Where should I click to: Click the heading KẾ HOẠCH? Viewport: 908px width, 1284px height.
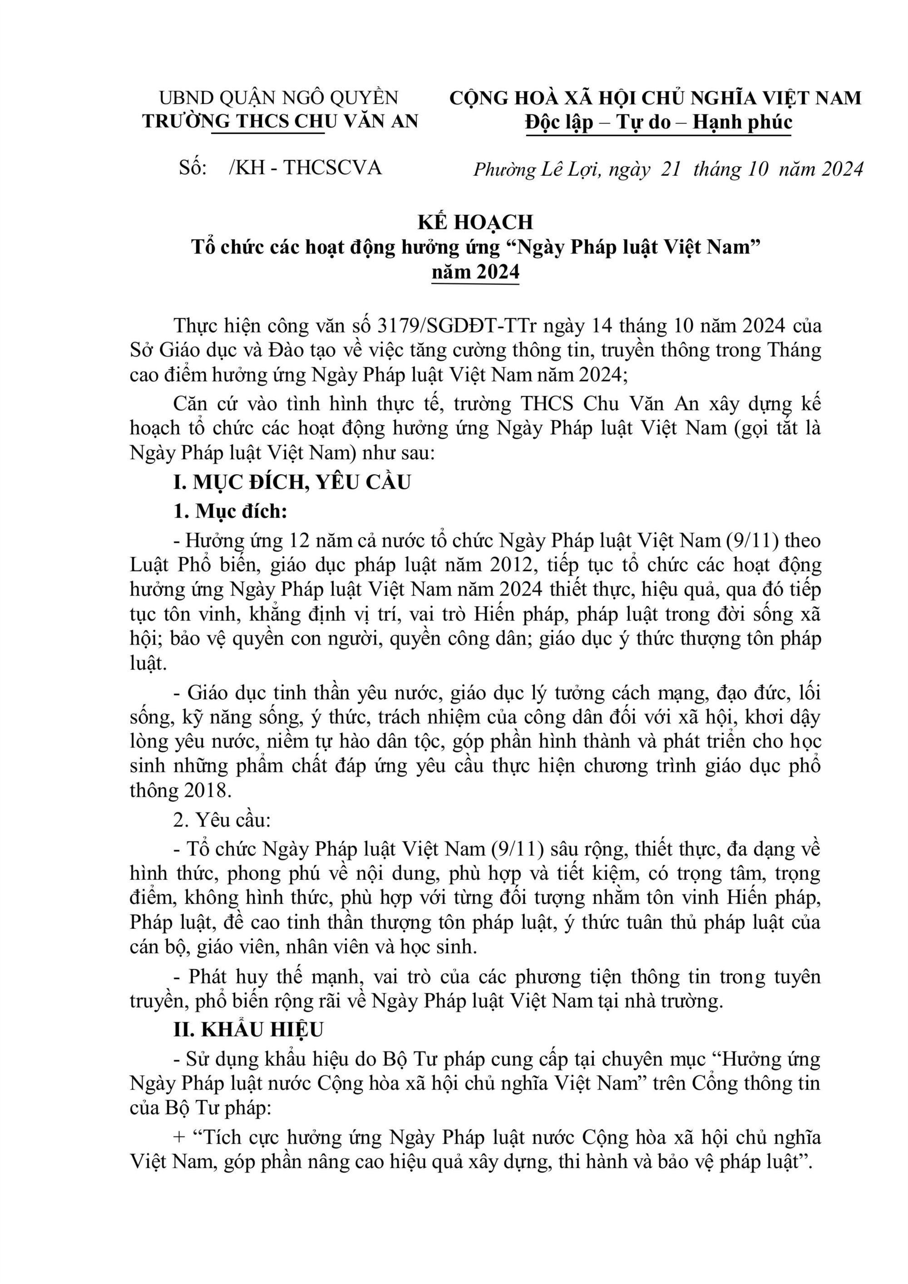pos(475,222)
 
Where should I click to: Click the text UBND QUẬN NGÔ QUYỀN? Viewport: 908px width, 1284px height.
pos(278,98)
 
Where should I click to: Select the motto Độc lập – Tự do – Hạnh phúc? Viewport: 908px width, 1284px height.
pos(658,122)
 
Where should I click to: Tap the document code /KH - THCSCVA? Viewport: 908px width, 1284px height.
pos(305,167)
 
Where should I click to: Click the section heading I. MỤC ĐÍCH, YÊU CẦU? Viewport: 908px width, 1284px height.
pos(292,482)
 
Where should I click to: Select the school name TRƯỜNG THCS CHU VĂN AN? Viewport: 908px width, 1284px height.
pos(280,121)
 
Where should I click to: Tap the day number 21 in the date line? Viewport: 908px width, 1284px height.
pos(671,169)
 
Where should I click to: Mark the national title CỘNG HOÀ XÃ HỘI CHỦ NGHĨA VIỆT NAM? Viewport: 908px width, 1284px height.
pos(655,98)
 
